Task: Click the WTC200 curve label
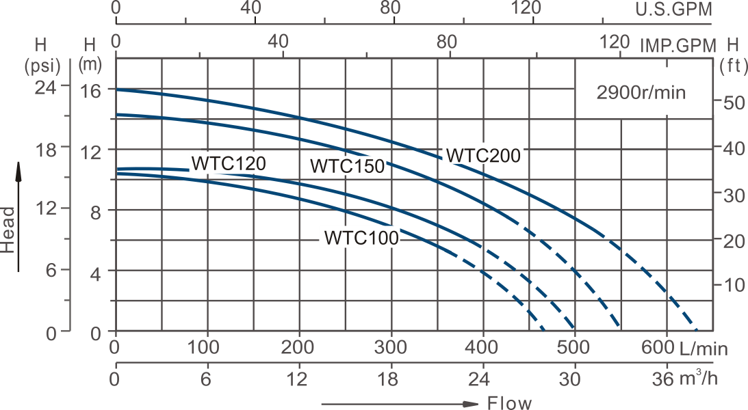(x=484, y=155)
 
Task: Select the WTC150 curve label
(x=347, y=166)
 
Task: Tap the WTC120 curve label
(x=228, y=164)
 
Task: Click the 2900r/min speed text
(x=641, y=94)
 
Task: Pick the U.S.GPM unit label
(x=673, y=10)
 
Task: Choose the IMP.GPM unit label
(x=678, y=46)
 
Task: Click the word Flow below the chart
(x=509, y=402)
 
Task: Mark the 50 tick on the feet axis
(x=732, y=102)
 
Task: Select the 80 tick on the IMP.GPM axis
(x=446, y=42)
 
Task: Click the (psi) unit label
(x=42, y=66)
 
